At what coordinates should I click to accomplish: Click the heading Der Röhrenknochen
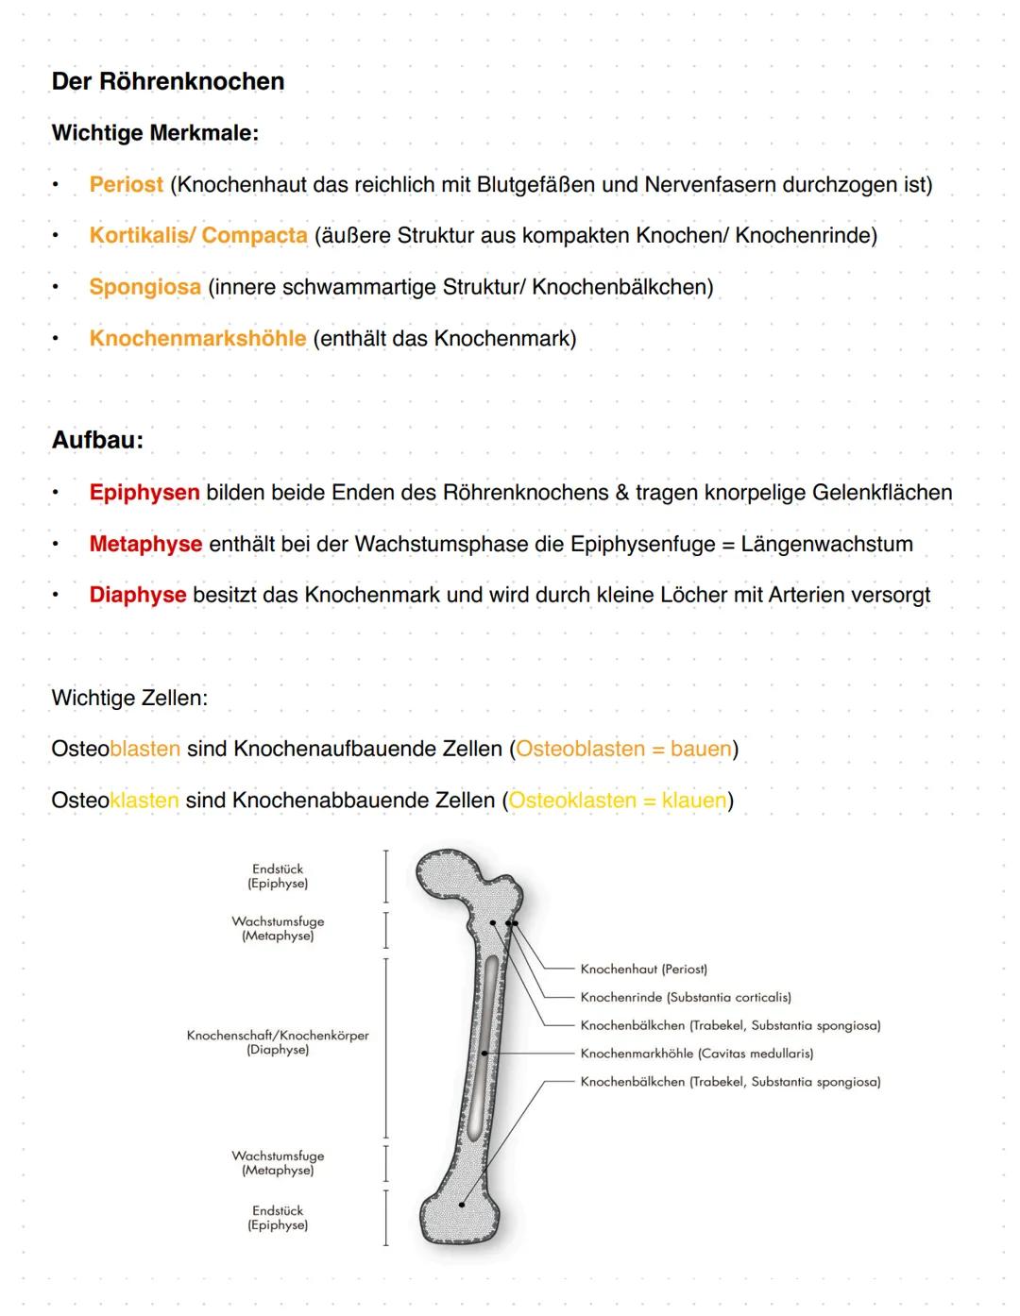[167, 81]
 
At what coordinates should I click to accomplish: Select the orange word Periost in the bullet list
[126, 184]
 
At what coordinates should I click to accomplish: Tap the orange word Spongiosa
[144, 287]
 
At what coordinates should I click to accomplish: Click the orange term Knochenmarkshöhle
[197, 338]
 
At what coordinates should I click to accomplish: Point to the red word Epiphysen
[144, 493]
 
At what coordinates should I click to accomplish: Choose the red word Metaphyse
[145, 544]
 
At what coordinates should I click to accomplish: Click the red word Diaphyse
[137, 595]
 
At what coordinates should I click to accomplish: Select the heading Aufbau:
[97, 440]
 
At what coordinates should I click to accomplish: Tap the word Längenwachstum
[826, 544]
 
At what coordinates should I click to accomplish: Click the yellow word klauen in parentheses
[693, 801]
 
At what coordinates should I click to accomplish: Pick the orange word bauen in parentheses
[701, 749]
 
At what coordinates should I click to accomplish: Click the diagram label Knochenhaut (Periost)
[643, 970]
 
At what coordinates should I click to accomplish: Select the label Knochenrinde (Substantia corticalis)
[685, 997]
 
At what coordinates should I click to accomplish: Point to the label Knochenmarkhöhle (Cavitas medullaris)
[696, 1054]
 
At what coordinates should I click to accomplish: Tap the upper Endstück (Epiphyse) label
[278, 876]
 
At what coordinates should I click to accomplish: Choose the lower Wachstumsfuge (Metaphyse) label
[278, 1162]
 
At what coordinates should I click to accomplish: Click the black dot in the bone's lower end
[462, 1205]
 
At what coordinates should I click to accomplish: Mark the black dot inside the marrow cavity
[484, 1053]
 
